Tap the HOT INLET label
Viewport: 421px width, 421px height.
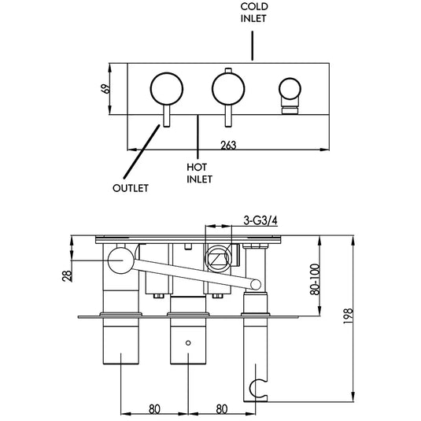click(198, 172)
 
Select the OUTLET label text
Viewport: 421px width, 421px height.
click(130, 189)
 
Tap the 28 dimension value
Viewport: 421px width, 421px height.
click(68, 275)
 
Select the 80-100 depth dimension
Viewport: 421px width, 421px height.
click(315, 279)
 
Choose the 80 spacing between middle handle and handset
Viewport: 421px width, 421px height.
click(221, 409)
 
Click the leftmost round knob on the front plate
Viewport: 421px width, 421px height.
click(164, 87)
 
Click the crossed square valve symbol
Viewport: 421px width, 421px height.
click(217, 257)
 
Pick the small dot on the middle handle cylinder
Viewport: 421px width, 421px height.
click(187, 343)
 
